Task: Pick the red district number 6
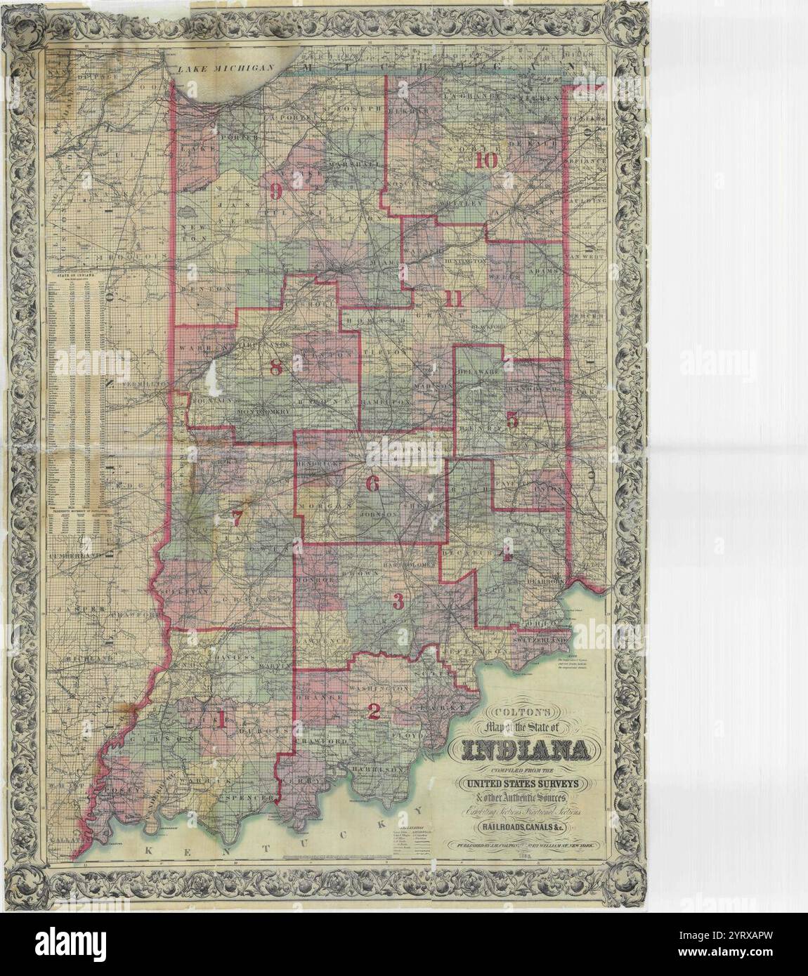372,483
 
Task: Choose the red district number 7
237,519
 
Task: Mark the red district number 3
398,602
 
